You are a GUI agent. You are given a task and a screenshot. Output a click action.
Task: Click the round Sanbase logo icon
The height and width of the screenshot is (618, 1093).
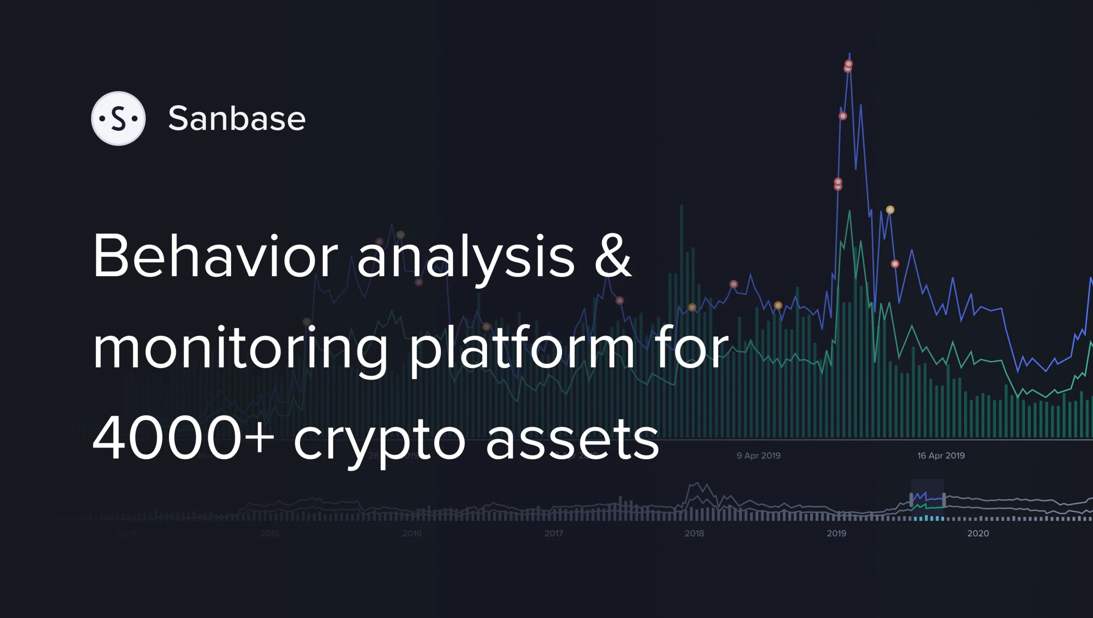point(118,118)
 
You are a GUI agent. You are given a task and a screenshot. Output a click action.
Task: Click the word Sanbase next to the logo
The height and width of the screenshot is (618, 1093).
point(237,118)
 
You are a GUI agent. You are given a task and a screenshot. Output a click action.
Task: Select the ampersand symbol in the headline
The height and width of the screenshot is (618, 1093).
point(613,256)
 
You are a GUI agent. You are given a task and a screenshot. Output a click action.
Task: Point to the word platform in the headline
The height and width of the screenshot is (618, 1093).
point(522,348)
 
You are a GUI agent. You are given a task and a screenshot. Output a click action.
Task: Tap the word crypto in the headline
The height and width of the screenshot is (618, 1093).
point(379,442)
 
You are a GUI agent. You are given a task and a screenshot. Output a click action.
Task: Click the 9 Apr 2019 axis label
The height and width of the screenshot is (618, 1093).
point(759,456)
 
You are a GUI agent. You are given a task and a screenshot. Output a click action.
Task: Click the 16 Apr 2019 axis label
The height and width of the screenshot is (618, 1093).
point(941,456)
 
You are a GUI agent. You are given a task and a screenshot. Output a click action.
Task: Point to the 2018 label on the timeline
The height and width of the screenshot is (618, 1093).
point(694,533)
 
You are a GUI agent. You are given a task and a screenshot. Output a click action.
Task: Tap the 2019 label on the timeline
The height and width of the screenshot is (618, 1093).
point(836,533)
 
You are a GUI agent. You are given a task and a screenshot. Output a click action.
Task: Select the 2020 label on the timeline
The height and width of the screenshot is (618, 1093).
point(978,533)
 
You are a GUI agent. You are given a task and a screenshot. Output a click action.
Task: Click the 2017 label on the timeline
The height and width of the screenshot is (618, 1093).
point(554,533)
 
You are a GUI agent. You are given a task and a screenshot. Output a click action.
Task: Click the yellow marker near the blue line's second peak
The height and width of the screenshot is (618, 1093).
point(890,210)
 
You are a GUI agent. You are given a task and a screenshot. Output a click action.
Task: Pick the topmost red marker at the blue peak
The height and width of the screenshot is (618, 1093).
point(849,64)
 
